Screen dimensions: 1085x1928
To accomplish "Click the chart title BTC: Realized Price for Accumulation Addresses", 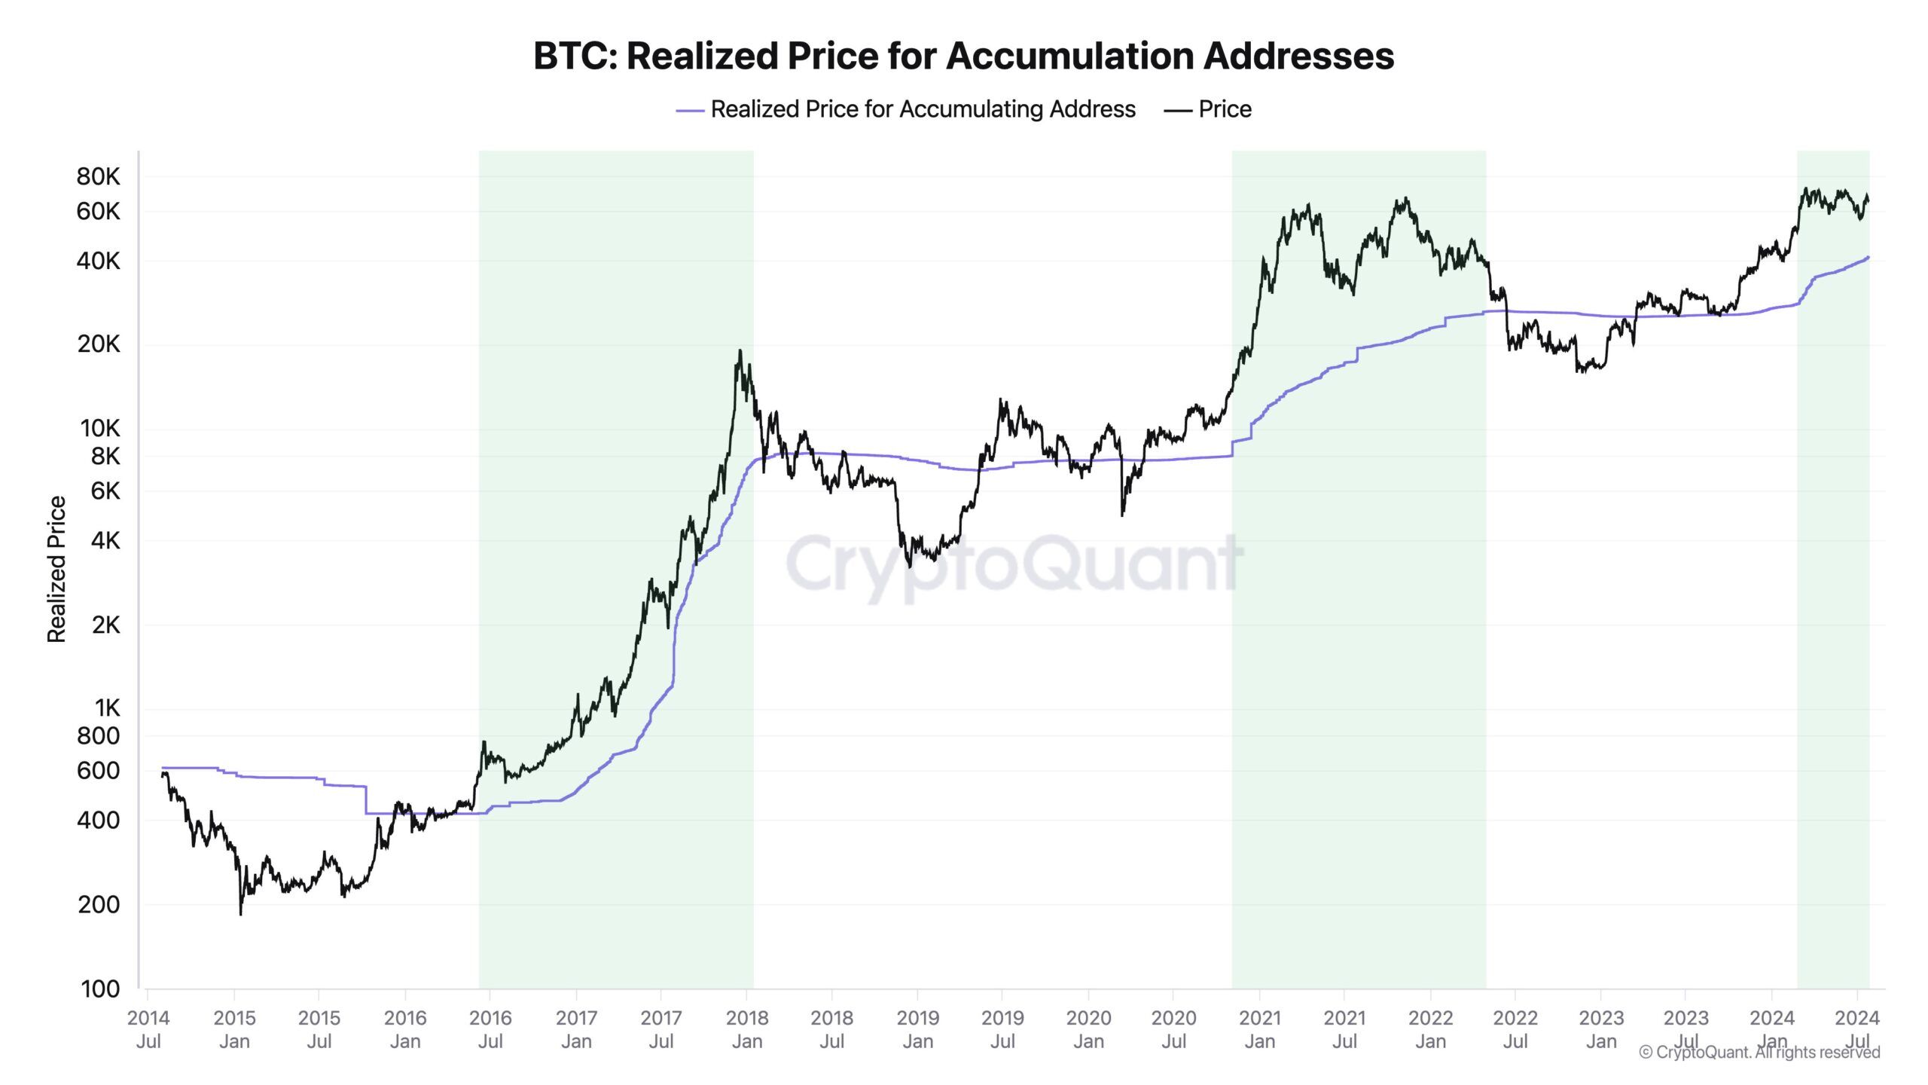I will click(x=963, y=56).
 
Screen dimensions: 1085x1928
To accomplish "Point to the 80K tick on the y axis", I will click(x=98, y=177).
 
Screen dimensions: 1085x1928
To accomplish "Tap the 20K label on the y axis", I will click(x=98, y=344).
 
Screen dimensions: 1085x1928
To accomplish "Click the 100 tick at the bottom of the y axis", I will click(x=99, y=989).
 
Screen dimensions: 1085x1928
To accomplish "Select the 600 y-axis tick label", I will click(x=98, y=770).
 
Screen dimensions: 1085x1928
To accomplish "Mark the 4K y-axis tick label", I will click(x=105, y=540).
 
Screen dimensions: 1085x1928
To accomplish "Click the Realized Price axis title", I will click(x=56, y=569).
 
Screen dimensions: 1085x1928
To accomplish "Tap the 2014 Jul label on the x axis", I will click(x=148, y=1029).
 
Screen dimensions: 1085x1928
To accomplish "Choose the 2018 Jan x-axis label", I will click(x=746, y=1029).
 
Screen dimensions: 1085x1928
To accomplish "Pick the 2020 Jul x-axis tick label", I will click(x=1173, y=1029).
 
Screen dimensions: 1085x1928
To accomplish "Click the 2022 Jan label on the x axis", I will click(x=1430, y=1029).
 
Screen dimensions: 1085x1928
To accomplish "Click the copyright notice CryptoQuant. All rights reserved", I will click(x=1759, y=1052).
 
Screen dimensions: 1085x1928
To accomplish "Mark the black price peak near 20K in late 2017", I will click(x=740, y=351).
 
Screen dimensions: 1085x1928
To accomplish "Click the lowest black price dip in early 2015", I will click(x=240, y=913).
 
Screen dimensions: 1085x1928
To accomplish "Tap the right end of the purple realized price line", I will click(x=1868, y=258).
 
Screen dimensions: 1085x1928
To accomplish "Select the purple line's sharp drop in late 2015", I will click(x=366, y=800).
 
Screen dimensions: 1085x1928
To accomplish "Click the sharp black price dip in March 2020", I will click(x=1122, y=514).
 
